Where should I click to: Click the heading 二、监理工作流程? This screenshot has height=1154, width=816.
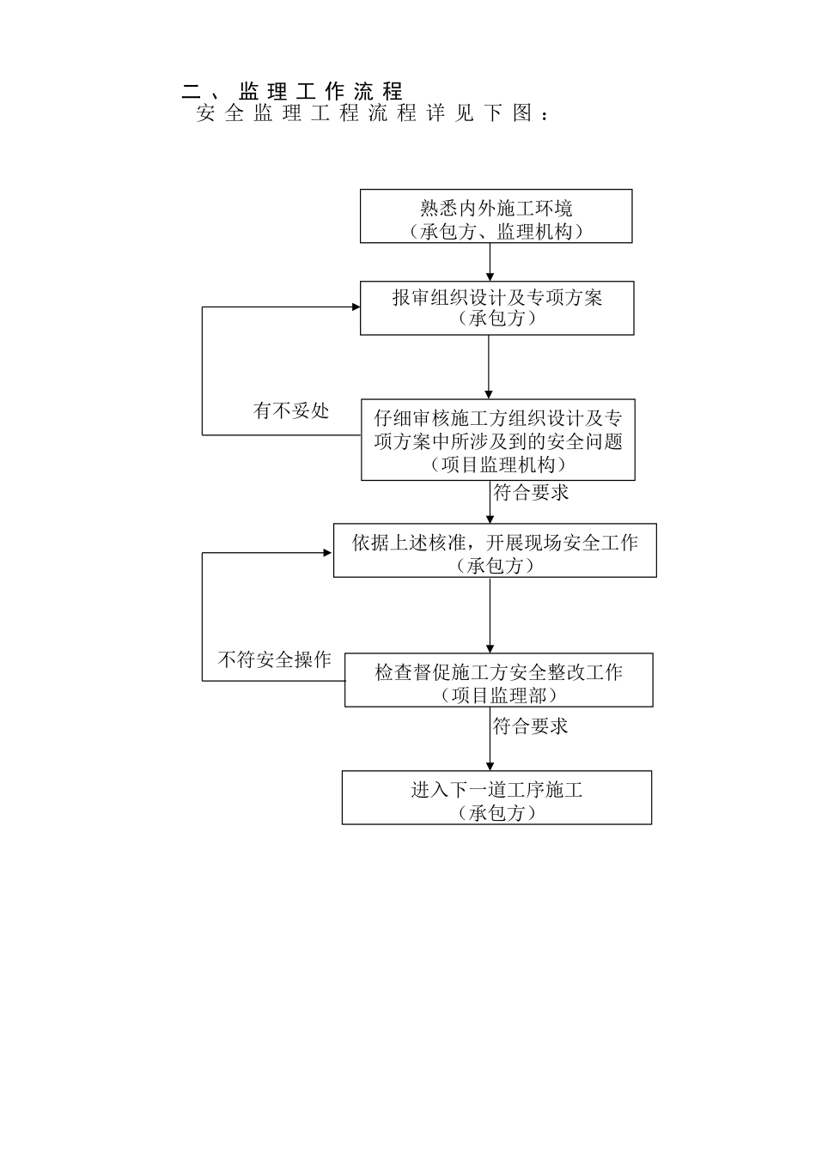click(293, 91)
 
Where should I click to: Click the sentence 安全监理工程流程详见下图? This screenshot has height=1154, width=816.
click(372, 113)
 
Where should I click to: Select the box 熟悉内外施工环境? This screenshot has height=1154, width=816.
click(496, 216)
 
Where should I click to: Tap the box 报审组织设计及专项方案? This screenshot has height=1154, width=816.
click(496, 307)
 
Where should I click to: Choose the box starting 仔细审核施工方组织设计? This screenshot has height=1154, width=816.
click(497, 440)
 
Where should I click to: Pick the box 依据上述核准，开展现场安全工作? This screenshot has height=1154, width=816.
click(495, 550)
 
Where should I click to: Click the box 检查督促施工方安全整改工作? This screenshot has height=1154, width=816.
click(498, 680)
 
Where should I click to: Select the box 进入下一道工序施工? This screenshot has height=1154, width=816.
click(496, 798)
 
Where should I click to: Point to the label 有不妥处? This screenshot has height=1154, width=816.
click(291, 411)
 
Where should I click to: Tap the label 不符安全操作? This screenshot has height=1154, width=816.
click(274, 660)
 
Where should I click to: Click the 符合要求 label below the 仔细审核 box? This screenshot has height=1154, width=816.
click(531, 494)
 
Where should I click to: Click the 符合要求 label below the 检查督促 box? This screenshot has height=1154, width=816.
click(530, 727)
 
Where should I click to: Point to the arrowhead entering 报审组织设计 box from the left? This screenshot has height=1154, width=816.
click(354, 307)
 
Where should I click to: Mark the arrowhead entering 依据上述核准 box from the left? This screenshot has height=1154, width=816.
click(328, 553)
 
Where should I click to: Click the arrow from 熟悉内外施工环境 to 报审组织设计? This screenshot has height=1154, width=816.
click(490, 262)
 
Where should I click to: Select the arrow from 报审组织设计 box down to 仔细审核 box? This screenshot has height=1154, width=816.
click(489, 367)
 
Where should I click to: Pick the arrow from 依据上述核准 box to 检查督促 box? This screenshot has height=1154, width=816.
click(490, 615)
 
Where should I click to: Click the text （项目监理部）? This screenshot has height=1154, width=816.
click(498, 695)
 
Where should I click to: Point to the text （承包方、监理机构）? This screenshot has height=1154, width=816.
click(496, 231)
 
